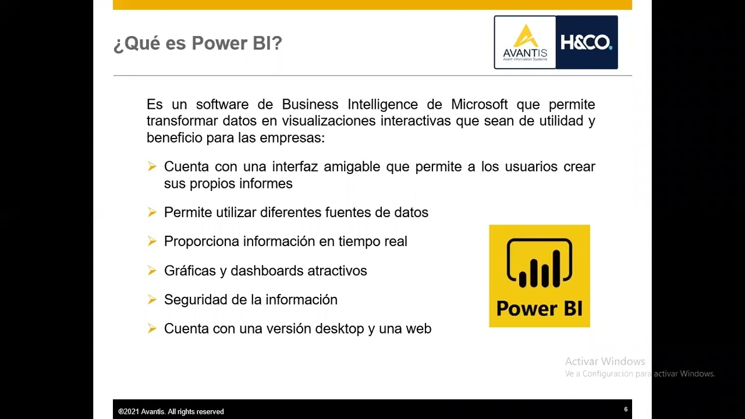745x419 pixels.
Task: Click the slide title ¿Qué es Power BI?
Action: [197, 44]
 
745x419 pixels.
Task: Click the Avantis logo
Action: [525, 42]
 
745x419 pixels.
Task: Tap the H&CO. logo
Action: [586, 42]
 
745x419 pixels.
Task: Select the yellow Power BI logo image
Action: [539, 276]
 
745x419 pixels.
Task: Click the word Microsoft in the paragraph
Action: [479, 105]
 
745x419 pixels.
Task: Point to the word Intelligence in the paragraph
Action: [382, 105]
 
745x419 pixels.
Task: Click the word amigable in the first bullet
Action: [352, 167]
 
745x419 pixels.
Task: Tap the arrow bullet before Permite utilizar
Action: [152, 212]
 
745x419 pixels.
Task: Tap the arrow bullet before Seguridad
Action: [152, 300]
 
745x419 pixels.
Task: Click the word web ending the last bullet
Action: [418, 329]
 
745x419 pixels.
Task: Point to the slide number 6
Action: [626, 410]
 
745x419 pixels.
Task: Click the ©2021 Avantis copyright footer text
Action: [171, 411]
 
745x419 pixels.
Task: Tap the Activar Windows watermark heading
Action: [605, 361]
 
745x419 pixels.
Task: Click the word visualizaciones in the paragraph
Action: [329, 121]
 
